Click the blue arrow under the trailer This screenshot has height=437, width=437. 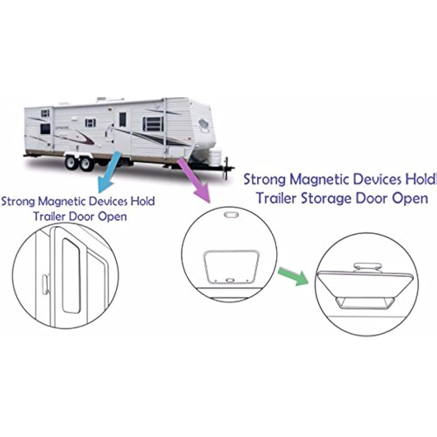coord(110,172)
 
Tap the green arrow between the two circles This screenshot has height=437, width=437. coord(293,276)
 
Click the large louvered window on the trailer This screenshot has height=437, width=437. coord(153,124)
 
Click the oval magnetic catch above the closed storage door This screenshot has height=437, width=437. coord(230,215)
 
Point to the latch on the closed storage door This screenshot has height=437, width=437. coord(230,280)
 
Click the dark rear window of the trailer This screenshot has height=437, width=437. coord(45,129)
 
